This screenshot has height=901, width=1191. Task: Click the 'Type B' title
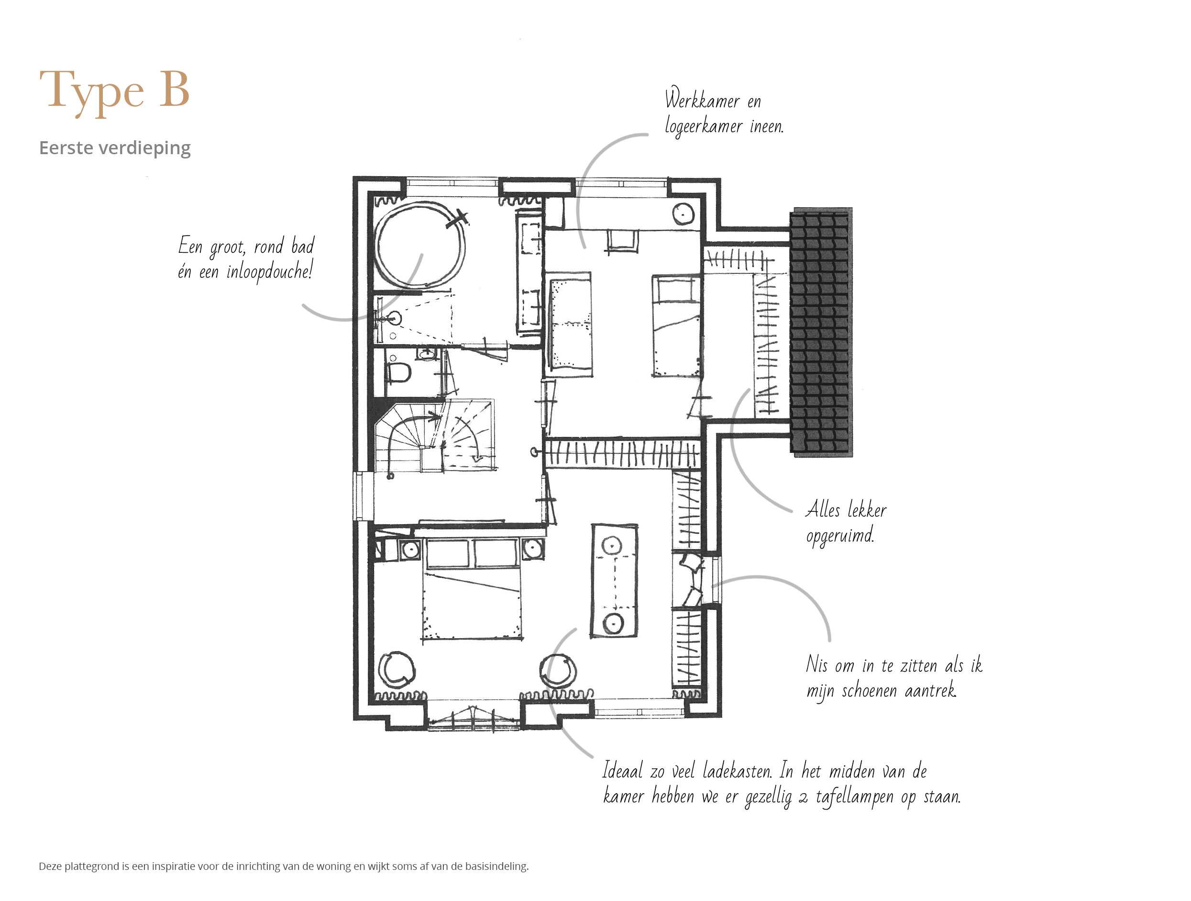click(x=114, y=90)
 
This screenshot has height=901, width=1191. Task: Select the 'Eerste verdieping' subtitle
click(x=115, y=147)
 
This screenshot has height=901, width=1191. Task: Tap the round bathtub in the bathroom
click(x=420, y=246)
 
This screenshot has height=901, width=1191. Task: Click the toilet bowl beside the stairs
click(x=399, y=372)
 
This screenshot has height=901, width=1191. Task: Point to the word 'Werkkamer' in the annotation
click(x=702, y=100)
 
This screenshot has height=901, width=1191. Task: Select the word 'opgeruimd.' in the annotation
click(x=840, y=535)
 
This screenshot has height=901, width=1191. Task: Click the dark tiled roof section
click(x=821, y=332)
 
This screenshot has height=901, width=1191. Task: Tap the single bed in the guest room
click(x=676, y=326)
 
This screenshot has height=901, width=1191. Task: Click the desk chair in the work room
click(x=622, y=241)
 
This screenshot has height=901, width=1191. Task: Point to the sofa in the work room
click(x=570, y=324)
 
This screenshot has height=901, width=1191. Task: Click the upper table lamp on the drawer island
click(x=612, y=546)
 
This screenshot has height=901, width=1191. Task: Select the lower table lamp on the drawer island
click(x=613, y=623)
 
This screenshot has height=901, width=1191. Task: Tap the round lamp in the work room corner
click(x=683, y=214)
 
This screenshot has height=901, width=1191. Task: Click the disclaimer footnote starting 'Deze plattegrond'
click(x=284, y=866)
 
